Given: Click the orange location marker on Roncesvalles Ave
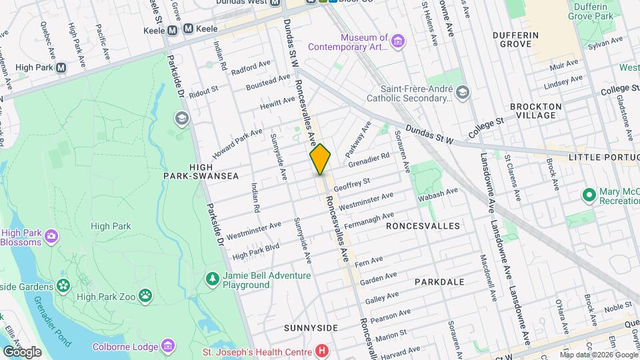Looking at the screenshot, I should point(320,160).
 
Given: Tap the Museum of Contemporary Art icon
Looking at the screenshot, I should point(398,42).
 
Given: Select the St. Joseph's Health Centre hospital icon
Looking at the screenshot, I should point(322,351).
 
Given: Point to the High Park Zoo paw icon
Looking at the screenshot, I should point(145,297).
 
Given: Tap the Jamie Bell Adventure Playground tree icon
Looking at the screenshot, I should point(212,277).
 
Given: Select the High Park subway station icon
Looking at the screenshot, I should point(61,67).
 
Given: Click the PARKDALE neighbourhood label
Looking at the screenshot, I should point(439,282).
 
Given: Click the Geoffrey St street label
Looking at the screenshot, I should point(351,182).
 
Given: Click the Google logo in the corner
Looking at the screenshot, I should point(22,351).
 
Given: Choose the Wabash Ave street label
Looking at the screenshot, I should point(438,194).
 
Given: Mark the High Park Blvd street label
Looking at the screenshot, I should point(255,251).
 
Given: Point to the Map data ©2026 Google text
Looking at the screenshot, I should point(599,355).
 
